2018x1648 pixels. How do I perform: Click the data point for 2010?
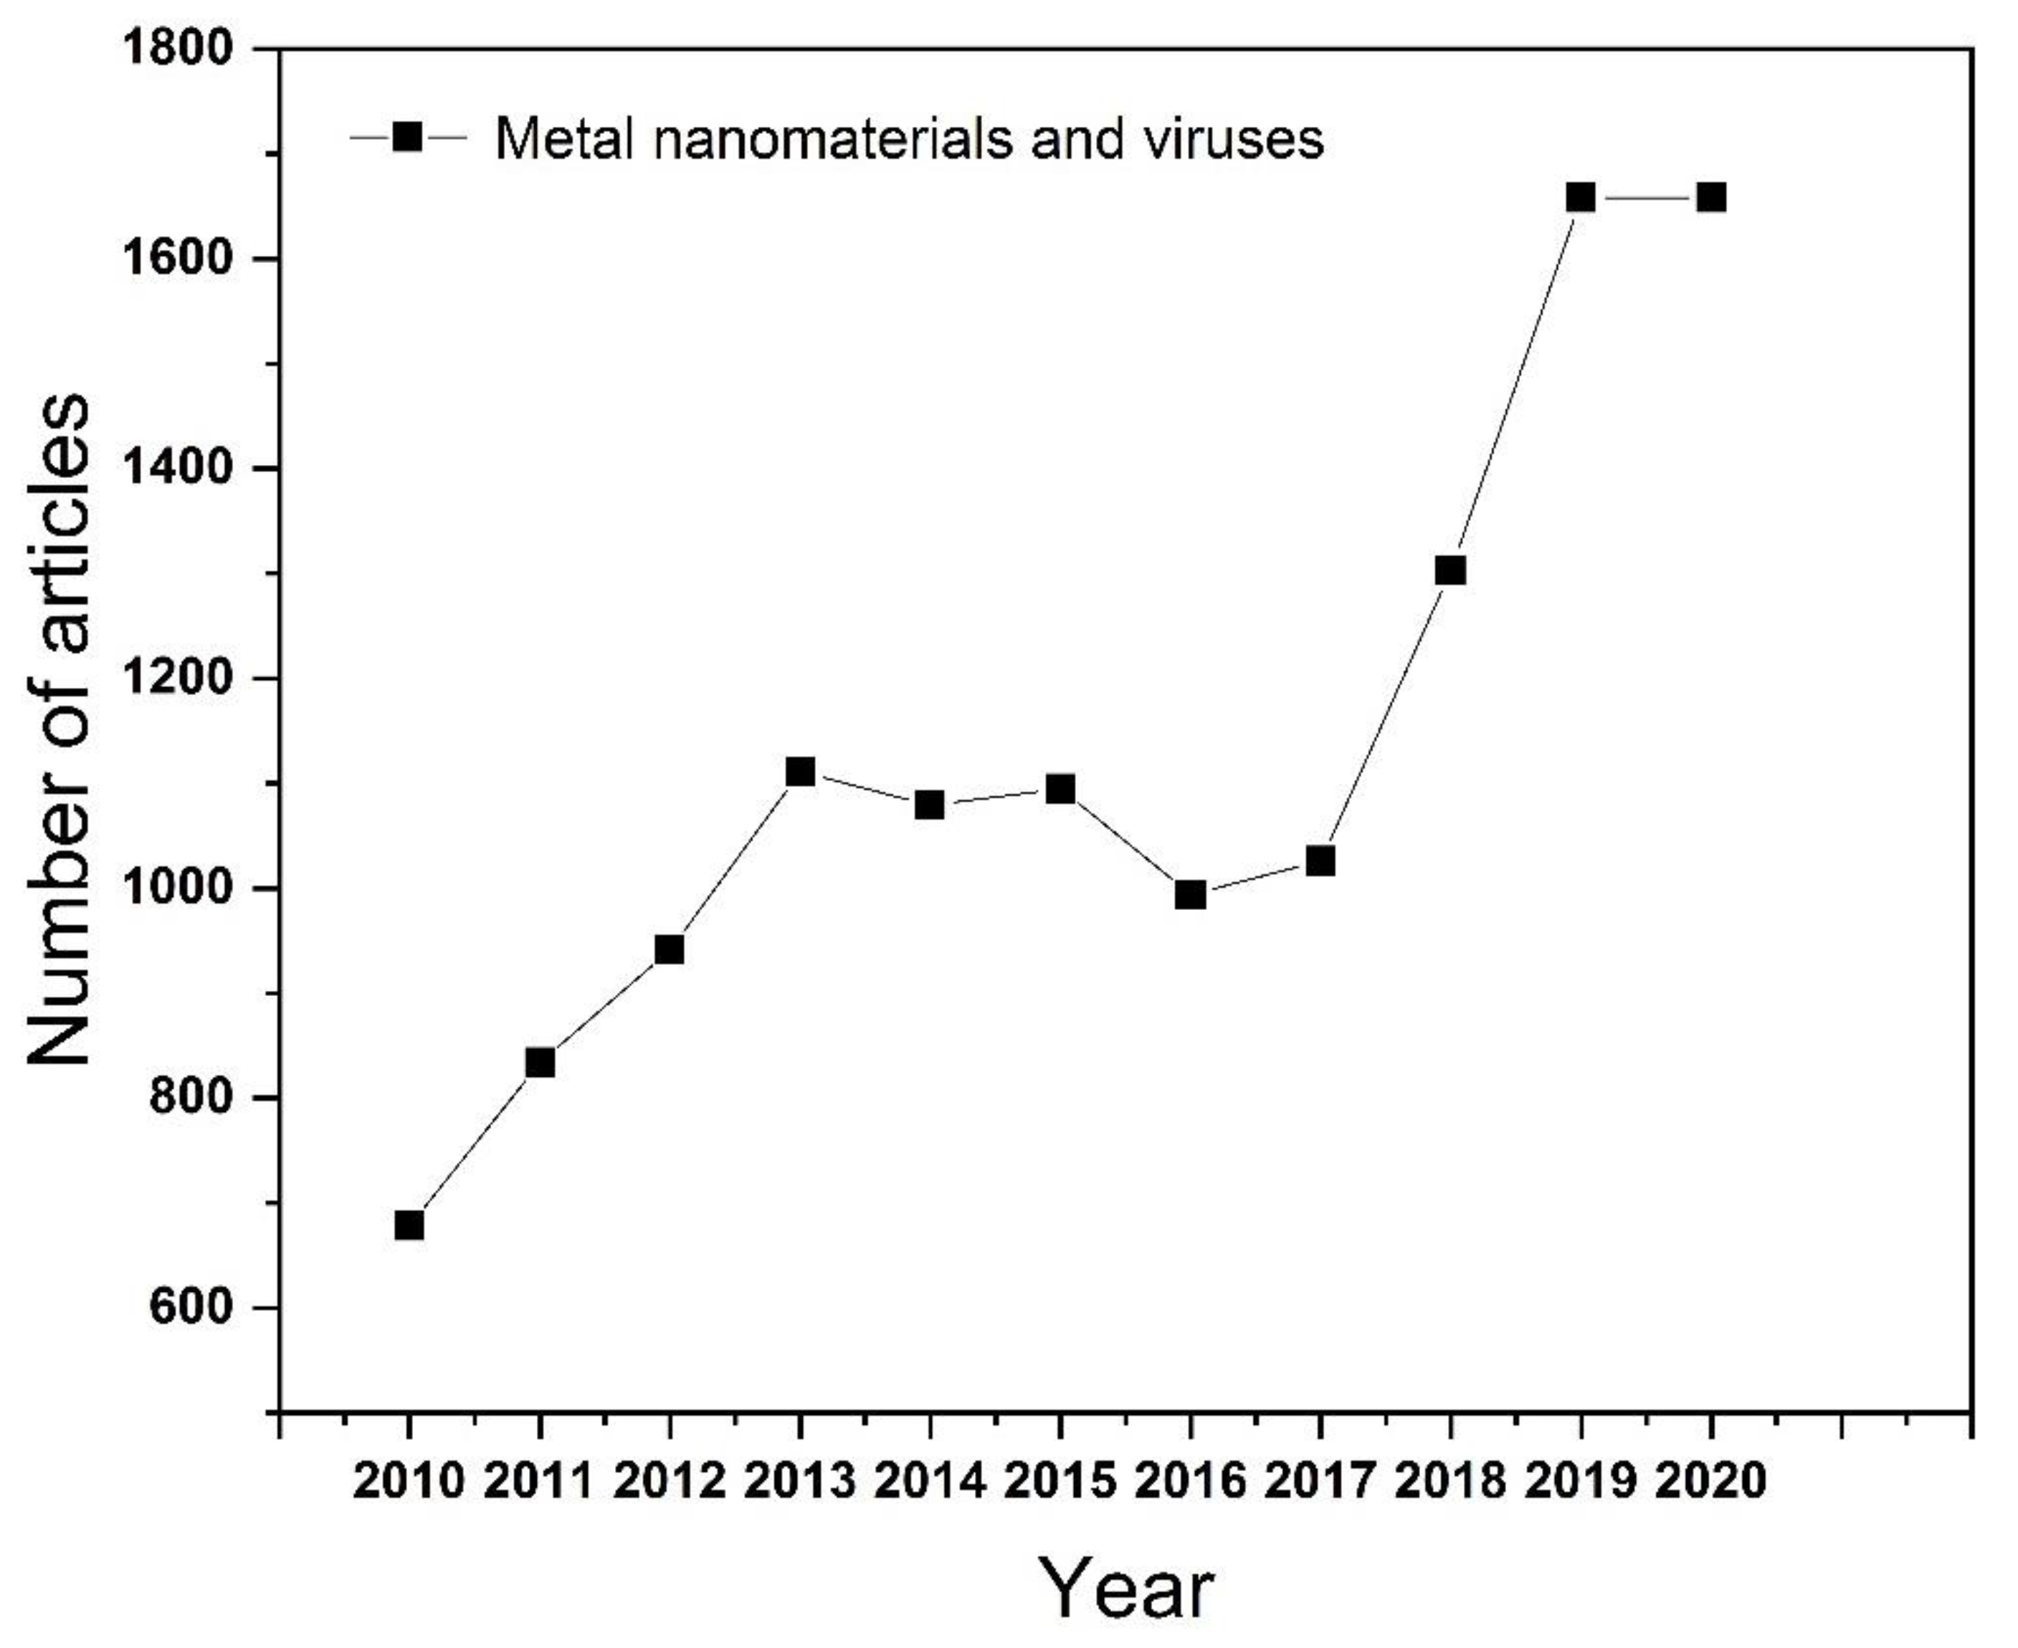click(409, 1225)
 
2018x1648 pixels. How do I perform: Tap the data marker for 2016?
click(1191, 894)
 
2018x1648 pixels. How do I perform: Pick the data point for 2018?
click(1451, 570)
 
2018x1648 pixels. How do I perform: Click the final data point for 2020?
click(1711, 198)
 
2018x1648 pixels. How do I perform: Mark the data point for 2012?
click(670, 949)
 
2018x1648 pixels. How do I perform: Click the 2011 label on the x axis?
click(539, 1481)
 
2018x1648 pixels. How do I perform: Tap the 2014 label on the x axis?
click(931, 1481)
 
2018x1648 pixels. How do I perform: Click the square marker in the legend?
click(409, 138)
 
